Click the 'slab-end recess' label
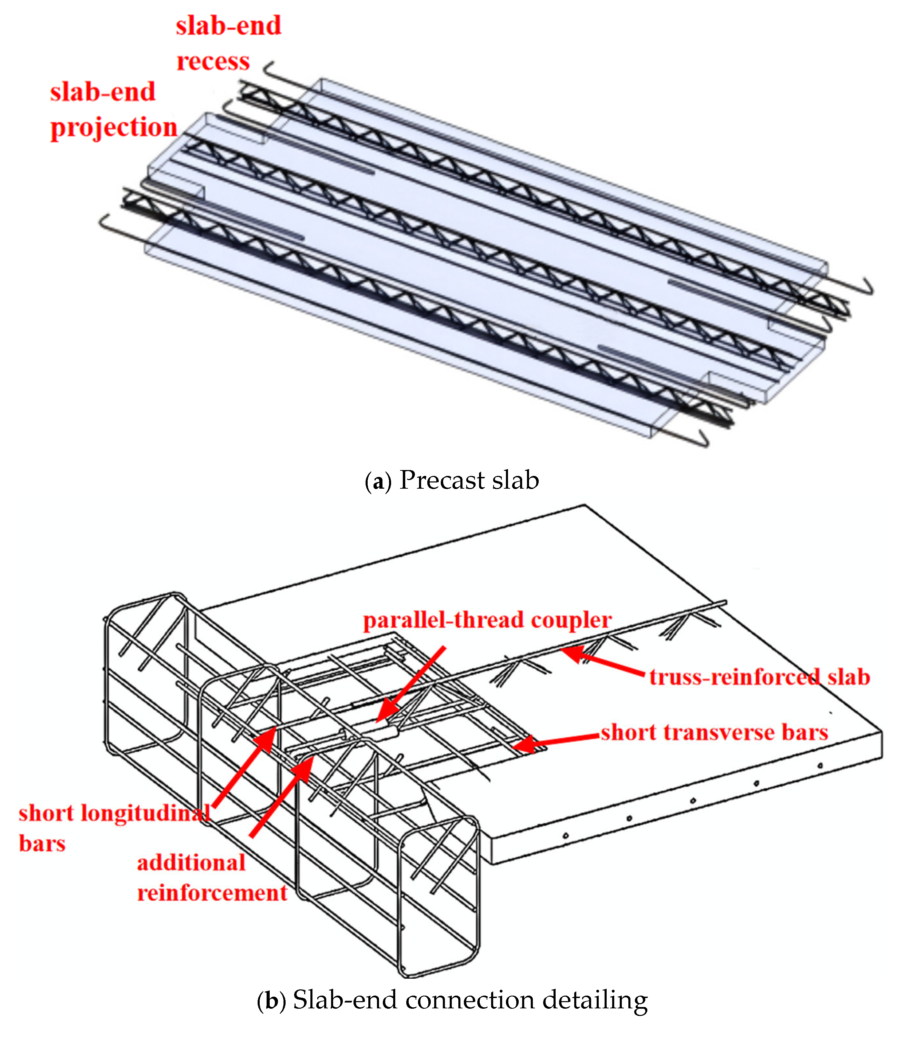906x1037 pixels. (x=228, y=43)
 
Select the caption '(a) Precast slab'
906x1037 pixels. (x=451, y=480)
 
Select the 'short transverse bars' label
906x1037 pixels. (x=714, y=732)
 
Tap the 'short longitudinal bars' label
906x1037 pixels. (x=114, y=828)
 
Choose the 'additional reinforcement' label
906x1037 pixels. (x=212, y=877)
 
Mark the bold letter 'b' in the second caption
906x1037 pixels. (x=271, y=1000)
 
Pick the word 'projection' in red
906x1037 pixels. (x=114, y=127)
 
